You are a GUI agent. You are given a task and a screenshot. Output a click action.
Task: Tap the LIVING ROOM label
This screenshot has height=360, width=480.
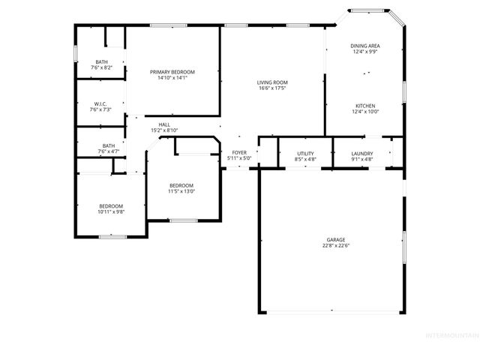[x=273, y=82]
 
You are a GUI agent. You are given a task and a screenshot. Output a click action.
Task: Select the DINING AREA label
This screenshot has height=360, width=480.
[x=365, y=46]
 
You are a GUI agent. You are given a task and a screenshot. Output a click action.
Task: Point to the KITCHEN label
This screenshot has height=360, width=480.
[x=365, y=106]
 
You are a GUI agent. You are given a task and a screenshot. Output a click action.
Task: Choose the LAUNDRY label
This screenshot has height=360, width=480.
[x=362, y=154]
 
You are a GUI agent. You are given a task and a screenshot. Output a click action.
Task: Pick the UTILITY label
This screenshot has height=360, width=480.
[x=305, y=154]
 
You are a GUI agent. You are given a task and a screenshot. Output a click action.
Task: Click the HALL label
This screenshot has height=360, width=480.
[x=163, y=124]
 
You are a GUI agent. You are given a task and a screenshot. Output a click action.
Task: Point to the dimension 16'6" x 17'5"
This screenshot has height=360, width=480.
[x=273, y=88]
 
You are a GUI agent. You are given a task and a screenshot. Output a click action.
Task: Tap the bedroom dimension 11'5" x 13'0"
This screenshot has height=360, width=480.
[x=181, y=191]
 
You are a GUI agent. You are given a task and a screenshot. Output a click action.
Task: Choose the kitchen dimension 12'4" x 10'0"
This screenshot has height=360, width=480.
[x=365, y=112]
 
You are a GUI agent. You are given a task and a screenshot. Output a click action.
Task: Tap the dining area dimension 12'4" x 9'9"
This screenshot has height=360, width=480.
[x=365, y=52]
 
